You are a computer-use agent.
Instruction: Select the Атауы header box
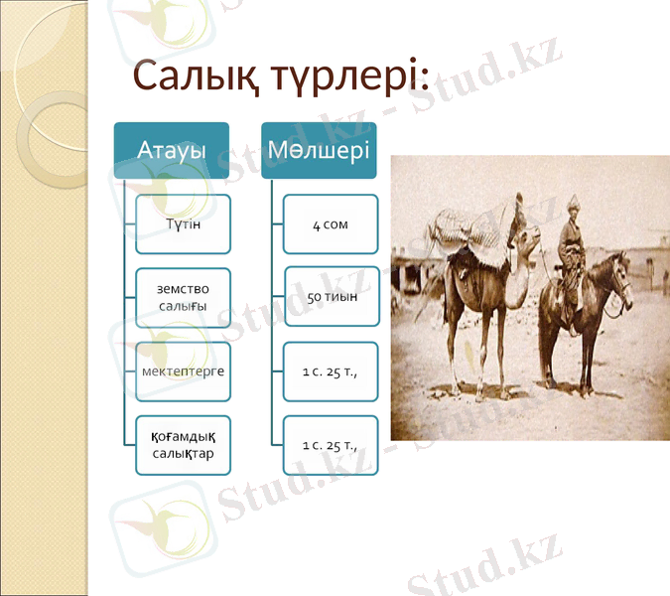click(x=172, y=151)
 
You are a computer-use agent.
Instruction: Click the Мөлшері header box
click(x=319, y=151)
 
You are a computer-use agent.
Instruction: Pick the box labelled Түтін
click(x=184, y=224)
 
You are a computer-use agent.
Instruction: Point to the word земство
click(x=184, y=288)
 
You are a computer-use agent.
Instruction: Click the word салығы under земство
click(x=184, y=306)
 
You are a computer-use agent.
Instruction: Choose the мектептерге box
click(x=184, y=372)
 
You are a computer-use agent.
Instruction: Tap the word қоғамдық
click(x=184, y=435)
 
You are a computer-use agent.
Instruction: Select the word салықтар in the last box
click(x=184, y=454)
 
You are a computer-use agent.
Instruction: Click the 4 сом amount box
click(x=331, y=224)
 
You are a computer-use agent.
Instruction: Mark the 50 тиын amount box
click(x=332, y=297)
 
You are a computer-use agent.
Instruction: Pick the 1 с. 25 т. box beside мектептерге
click(x=331, y=372)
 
